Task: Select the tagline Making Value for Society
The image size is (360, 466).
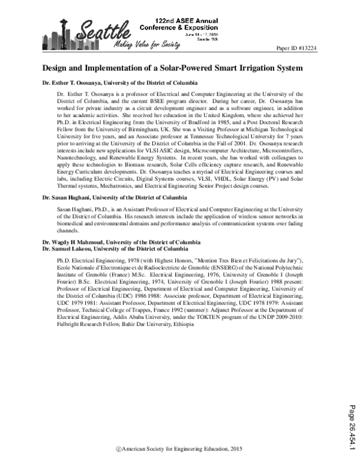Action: (142, 46)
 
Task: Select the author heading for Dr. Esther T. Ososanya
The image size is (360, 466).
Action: (121, 82)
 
